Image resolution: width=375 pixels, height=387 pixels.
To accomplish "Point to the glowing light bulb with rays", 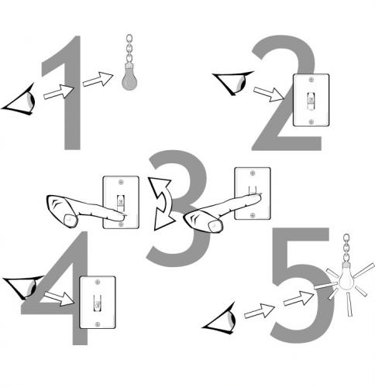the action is pyautogui.click(x=346, y=277).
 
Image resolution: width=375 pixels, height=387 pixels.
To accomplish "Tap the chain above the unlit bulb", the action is pyautogui.click(x=129, y=49).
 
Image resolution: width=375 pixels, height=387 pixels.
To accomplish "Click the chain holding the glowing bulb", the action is pyautogui.click(x=346, y=248).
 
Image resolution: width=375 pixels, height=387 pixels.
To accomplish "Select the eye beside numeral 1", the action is pyautogui.click(x=19, y=101).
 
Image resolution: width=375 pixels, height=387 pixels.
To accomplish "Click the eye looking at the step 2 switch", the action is pyautogui.click(x=234, y=82).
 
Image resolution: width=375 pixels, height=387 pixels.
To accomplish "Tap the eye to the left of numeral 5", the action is pyautogui.click(x=221, y=320).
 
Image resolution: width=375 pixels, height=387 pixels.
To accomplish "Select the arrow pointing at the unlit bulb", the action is pyautogui.click(x=98, y=79).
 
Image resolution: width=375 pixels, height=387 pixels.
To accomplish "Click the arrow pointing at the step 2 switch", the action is pyautogui.click(x=269, y=94).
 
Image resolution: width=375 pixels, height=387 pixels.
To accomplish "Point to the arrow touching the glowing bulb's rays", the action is pyautogui.click(x=299, y=299).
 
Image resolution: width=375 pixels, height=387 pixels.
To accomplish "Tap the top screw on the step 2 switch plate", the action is pyautogui.click(x=311, y=80).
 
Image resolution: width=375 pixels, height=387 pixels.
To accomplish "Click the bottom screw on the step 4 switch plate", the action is pyautogui.click(x=98, y=324).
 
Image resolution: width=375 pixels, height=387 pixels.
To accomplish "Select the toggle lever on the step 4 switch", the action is pyautogui.click(x=98, y=303).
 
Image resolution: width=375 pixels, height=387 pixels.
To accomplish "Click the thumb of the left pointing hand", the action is pyautogui.click(x=71, y=221).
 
